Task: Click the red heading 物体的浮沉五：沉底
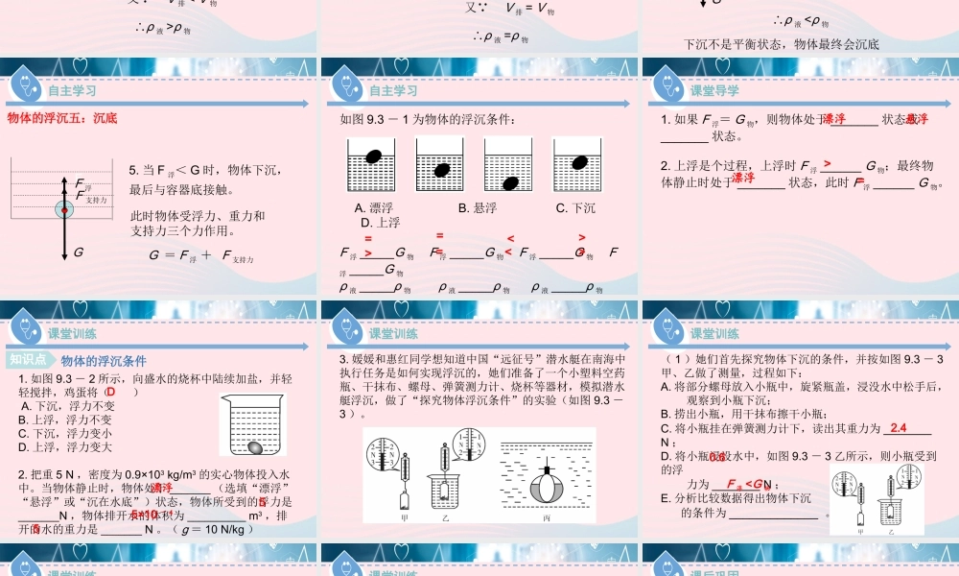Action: (x=62, y=118)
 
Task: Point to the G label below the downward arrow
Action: (x=78, y=252)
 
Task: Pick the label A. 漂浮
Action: (x=374, y=207)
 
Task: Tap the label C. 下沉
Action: (x=575, y=207)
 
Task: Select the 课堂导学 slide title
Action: (x=714, y=90)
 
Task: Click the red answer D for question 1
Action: (x=110, y=392)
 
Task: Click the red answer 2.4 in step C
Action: (x=899, y=427)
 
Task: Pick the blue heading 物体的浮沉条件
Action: (x=104, y=361)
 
